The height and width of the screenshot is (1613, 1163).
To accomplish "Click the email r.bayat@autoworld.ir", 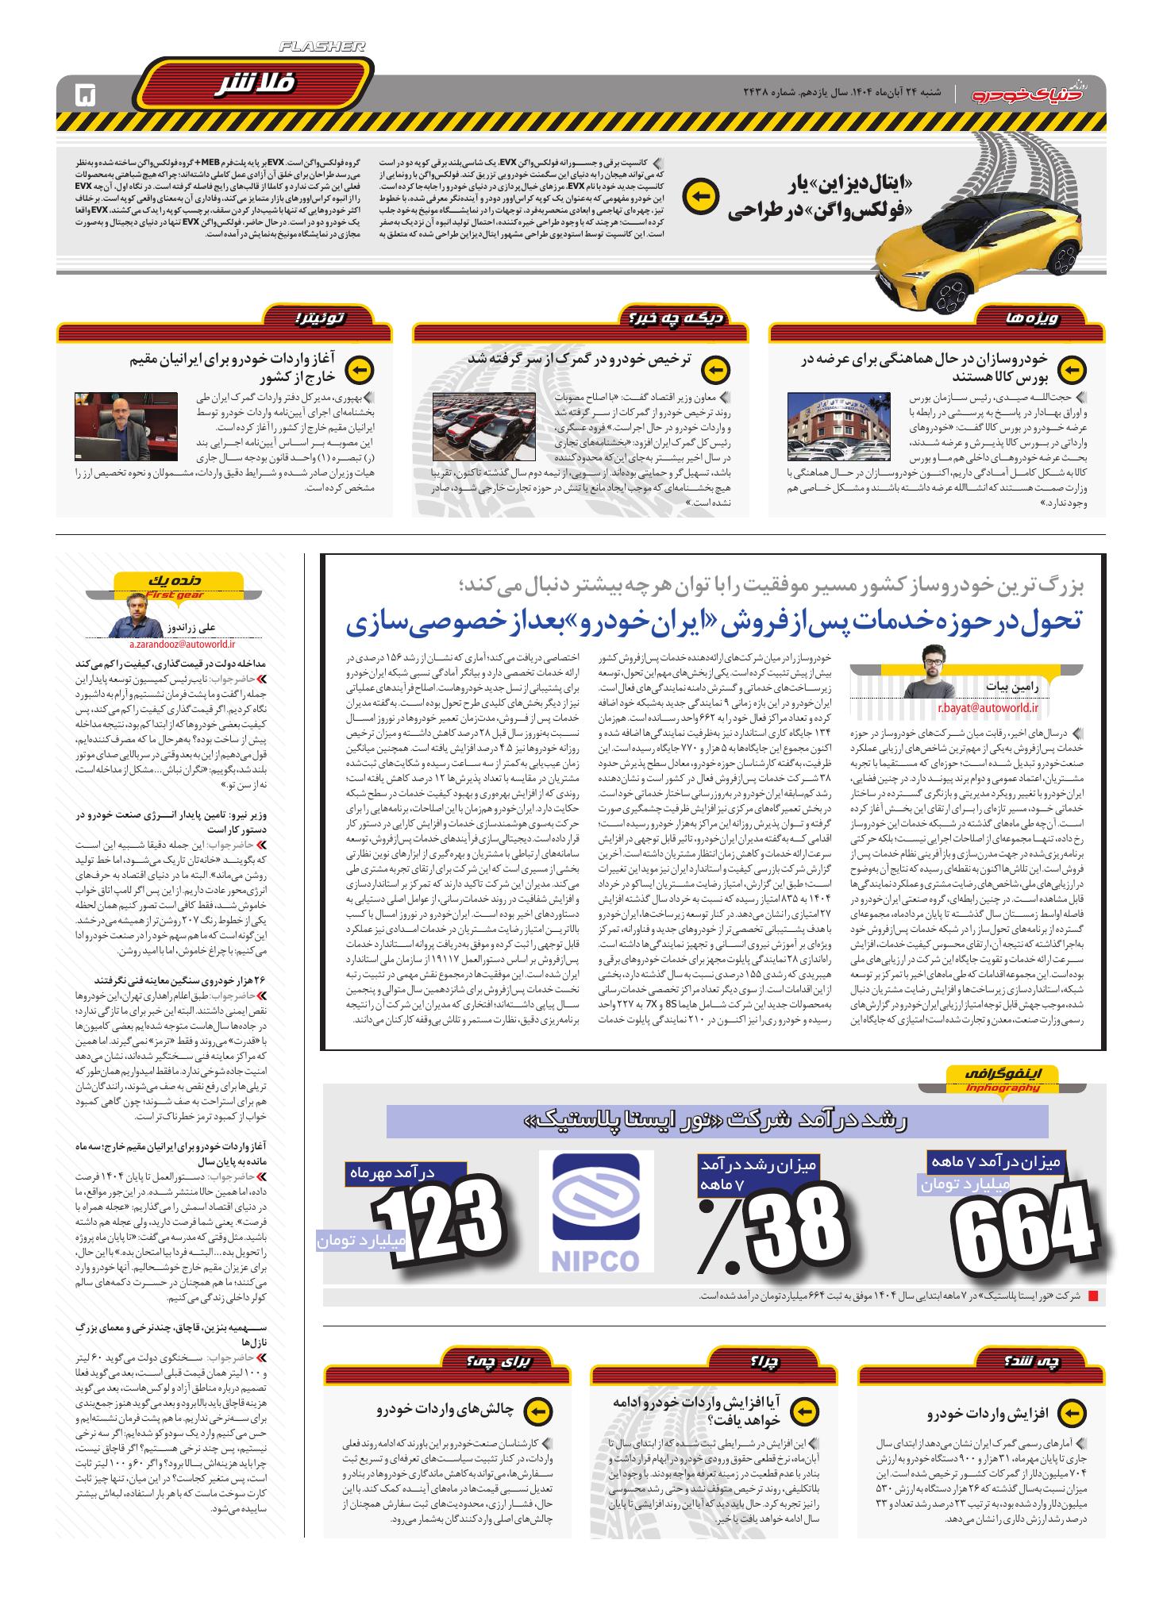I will [x=988, y=706].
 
